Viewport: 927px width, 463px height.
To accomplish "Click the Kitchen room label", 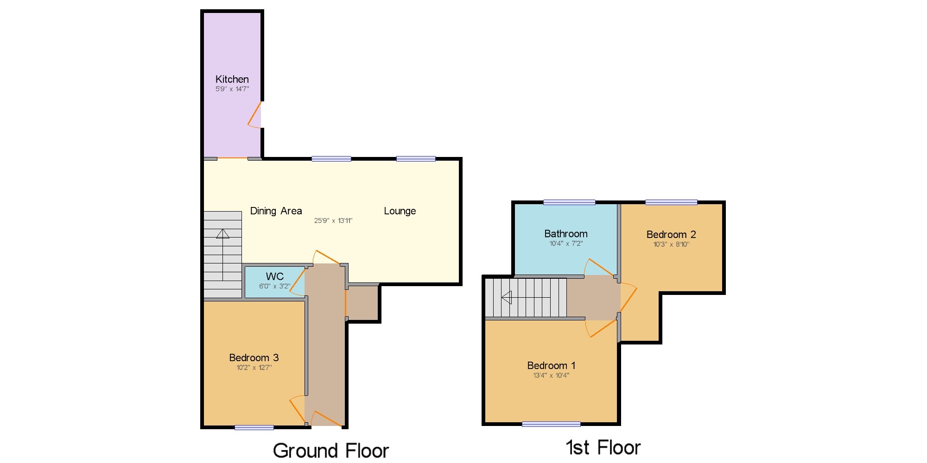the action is [x=232, y=79].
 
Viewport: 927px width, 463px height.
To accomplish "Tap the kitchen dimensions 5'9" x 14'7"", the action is [x=232, y=89].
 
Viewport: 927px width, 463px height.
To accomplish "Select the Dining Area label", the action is [x=276, y=211].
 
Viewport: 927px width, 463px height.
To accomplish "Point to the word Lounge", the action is [x=400, y=212].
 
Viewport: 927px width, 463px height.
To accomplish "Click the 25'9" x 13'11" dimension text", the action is [x=333, y=221].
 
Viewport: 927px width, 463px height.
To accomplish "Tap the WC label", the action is [x=274, y=276].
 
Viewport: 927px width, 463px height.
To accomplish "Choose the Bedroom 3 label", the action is [x=254, y=358].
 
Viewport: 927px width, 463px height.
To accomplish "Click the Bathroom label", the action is [x=566, y=234].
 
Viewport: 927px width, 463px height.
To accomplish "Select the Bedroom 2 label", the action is [x=671, y=235].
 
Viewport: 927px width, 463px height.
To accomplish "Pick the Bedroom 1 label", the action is [x=551, y=366].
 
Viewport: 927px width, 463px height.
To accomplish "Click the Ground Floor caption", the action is [x=330, y=450].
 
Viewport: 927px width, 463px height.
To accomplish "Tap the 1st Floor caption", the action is [x=603, y=448].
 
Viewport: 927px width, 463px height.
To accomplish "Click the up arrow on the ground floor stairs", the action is [x=222, y=255].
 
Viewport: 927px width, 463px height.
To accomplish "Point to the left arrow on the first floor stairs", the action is [x=526, y=297].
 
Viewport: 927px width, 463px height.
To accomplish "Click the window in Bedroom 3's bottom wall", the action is [x=254, y=427].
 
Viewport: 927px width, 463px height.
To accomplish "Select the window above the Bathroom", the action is [x=569, y=202].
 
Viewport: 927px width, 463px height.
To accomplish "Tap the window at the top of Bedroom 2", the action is [x=671, y=202].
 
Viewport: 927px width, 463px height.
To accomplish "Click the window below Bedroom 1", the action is [x=551, y=424].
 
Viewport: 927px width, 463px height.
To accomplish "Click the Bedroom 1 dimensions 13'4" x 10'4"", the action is [x=551, y=375].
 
